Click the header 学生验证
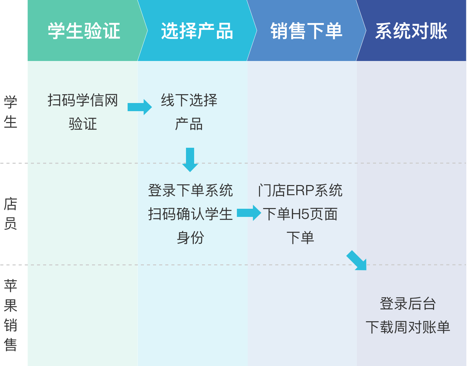click(84, 31)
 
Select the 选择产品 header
click(197, 31)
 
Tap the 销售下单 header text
click(306, 31)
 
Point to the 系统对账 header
click(411, 31)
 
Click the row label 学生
click(10, 111)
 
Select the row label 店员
click(10, 213)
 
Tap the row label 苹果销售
click(10, 315)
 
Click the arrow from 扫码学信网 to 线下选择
click(140, 107)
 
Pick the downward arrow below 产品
click(190, 160)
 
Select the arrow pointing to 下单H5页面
click(249, 213)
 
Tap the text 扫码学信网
click(83, 100)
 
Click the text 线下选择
click(189, 100)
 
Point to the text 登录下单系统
click(190, 190)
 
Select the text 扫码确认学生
click(190, 214)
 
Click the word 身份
click(190, 238)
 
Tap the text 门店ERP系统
click(300, 190)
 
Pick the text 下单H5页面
click(300, 214)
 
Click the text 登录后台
click(408, 304)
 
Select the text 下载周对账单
click(408, 327)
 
